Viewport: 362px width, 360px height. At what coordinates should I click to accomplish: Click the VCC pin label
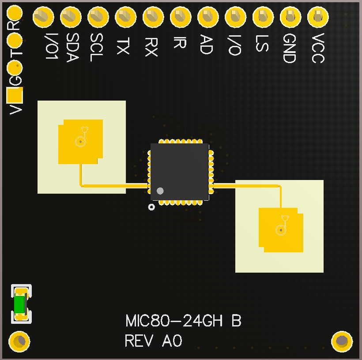[x=317, y=48]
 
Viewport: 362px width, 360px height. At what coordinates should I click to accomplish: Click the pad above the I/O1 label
[x=43, y=18]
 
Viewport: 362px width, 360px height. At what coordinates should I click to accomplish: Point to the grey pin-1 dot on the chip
[x=160, y=191]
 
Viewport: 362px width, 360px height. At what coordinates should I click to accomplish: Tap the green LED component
[x=19, y=304]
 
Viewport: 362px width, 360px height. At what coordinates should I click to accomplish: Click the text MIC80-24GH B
[x=183, y=321]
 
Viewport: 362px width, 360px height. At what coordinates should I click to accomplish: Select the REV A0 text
[x=154, y=341]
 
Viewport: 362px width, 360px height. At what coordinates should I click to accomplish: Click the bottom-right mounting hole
[x=342, y=341]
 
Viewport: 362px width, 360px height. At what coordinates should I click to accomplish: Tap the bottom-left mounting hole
[x=19, y=341]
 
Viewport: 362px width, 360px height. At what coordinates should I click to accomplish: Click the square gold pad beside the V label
[x=15, y=94]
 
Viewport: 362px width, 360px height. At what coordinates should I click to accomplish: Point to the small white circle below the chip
[x=151, y=207]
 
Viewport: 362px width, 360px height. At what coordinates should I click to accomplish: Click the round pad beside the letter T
[x=15, y=41]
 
